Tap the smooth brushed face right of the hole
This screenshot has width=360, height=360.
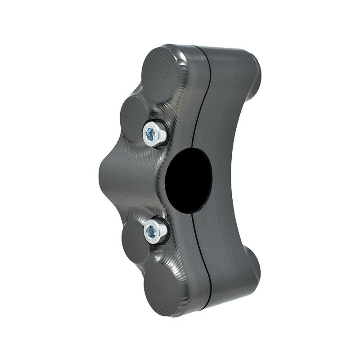tap(225, 180)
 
